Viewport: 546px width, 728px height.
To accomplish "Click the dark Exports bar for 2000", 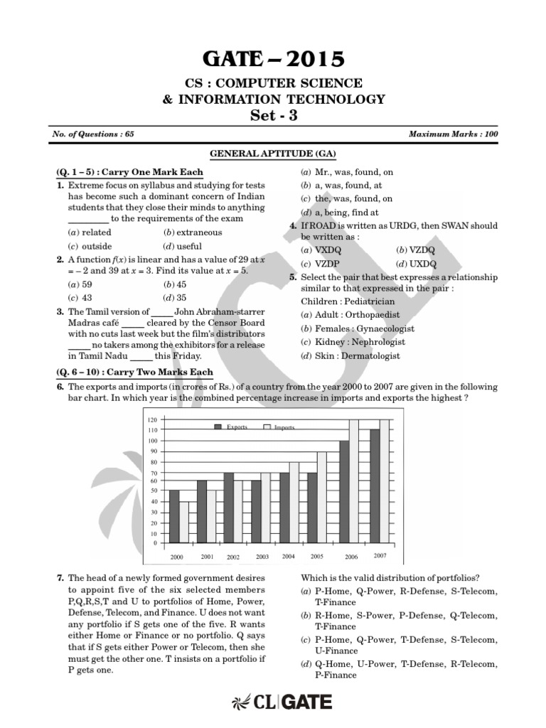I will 174,515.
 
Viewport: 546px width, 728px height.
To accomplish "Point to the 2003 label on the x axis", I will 262,556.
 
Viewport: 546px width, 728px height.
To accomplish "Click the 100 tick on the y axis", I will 152,440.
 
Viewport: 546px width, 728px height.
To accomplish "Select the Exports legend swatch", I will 219,427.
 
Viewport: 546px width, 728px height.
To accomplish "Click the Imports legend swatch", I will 267,427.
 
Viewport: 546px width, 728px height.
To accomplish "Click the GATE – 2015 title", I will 273,58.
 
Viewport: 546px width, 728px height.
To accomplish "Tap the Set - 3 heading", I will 273,116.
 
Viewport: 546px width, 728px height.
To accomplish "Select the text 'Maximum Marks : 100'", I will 454,134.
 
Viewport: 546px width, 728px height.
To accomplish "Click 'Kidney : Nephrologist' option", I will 354,342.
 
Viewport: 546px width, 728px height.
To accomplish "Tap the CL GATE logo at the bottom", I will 282,703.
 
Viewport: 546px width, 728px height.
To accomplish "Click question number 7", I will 60,578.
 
